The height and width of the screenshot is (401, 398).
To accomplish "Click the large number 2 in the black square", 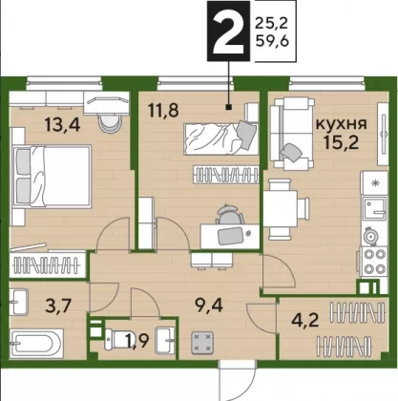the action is point(228,31).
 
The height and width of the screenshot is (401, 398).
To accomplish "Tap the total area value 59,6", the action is point(272,41).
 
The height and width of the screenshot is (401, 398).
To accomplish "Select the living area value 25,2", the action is point(271,23).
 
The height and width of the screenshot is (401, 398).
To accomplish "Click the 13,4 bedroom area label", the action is point(62,124).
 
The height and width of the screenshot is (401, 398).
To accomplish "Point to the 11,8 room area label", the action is point(163,110).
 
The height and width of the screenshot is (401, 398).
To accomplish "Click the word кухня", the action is point(341,123).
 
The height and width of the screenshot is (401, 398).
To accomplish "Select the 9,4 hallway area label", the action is point(209,306).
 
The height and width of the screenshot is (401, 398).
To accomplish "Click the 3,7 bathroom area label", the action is point(58,306).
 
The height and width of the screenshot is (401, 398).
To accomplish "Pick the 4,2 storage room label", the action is point(305,320).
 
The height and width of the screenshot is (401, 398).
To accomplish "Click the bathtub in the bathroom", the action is point(36,344).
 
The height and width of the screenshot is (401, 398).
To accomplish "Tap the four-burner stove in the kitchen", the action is point(373,262).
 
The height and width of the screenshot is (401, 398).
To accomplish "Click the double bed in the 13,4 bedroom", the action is point(52,177).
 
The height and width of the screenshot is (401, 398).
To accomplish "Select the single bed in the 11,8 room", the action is point(220,138).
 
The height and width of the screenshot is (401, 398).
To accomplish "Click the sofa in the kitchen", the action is point(292,134).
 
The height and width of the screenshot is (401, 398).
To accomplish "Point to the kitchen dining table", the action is point(281,209).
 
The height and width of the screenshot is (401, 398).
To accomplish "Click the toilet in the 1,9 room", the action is point(116,339).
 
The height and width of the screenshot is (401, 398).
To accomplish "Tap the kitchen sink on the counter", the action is point(375,208).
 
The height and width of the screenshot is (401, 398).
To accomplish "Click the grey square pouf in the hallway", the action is point(202,343).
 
